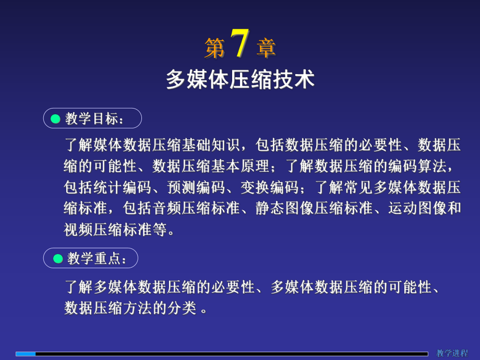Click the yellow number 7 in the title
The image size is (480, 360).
coord(239,44)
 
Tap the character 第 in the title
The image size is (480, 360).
coord(214,49)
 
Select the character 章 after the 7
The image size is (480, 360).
coord(266,49)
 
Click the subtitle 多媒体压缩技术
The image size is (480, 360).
coord(240,80)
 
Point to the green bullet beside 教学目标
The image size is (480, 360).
coord(56,119)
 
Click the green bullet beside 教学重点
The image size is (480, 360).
coord(58,258)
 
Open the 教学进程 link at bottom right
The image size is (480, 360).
coord(452,353)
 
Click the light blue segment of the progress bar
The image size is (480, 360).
coord(26,354)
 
